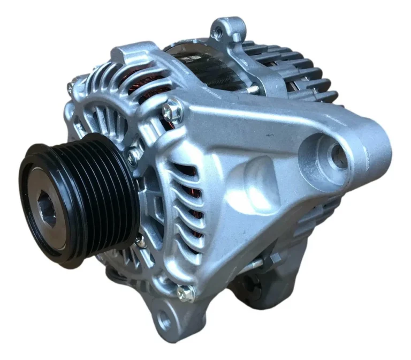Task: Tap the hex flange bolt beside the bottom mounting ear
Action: tap(186, 292)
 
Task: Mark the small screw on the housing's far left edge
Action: tap(70, 86)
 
